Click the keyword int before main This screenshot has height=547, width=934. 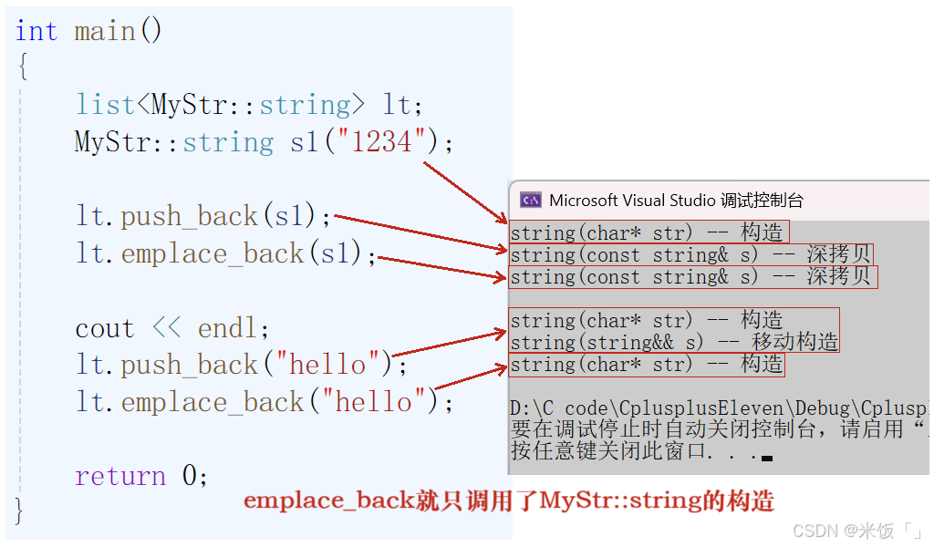click(36, 31)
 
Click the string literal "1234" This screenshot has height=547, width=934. click(381, 141)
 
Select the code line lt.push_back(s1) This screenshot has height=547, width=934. click(202, 215)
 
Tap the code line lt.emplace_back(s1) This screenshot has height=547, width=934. click(226, 253)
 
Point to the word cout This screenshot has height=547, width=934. click(105, 328)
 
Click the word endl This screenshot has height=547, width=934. click(227, 328)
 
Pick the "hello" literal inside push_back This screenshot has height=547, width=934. click(327, 365)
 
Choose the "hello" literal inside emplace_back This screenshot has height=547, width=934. click(373, 402)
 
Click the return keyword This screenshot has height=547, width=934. click(120, 477)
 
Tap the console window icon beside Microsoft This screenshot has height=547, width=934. click(530, 200)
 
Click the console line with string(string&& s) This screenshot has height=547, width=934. click(674, 342)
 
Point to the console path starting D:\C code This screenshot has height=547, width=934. click(719, 408)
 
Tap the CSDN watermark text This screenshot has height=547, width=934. click(857, 531)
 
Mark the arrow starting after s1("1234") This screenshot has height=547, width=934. click(465, 193)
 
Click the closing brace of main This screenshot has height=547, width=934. click(19, 511)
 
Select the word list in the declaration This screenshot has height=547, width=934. click(106, 105)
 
